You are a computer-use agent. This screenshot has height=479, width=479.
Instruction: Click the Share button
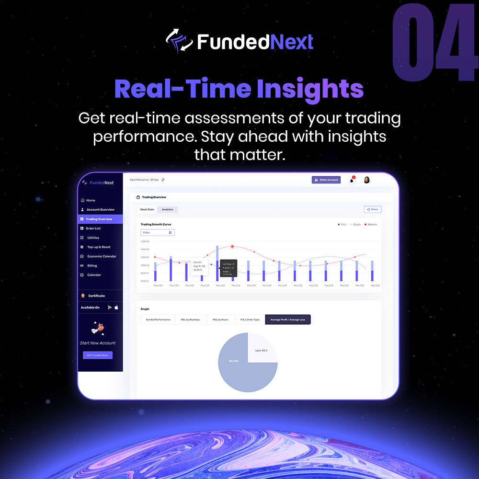click(372, 209)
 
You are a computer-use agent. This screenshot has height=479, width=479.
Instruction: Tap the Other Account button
click(326, 180)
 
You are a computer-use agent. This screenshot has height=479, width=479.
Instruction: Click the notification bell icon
click(352, 180)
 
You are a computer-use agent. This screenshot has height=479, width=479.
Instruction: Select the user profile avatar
click(367, 180)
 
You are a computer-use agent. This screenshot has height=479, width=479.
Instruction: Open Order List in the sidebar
click(93, 228)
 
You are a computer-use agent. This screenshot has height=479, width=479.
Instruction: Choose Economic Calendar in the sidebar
click(102, 256)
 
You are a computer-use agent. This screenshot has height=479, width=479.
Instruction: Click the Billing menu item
click(91, 265)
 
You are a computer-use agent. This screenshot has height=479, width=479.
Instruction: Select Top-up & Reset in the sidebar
click(98, 247)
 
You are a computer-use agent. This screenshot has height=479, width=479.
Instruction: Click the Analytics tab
click(168, 209)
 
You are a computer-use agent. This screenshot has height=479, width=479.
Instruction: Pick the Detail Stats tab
click(147, 209)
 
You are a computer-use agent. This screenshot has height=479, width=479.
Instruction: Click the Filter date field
click(158, 232)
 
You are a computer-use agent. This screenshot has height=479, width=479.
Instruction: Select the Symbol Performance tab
click(158, 319)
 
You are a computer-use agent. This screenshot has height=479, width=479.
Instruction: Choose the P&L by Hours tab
click(220, 319)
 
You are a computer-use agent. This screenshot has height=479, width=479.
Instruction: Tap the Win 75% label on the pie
click(234, 360)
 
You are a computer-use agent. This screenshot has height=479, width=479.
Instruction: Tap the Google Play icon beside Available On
click(110, 308)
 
